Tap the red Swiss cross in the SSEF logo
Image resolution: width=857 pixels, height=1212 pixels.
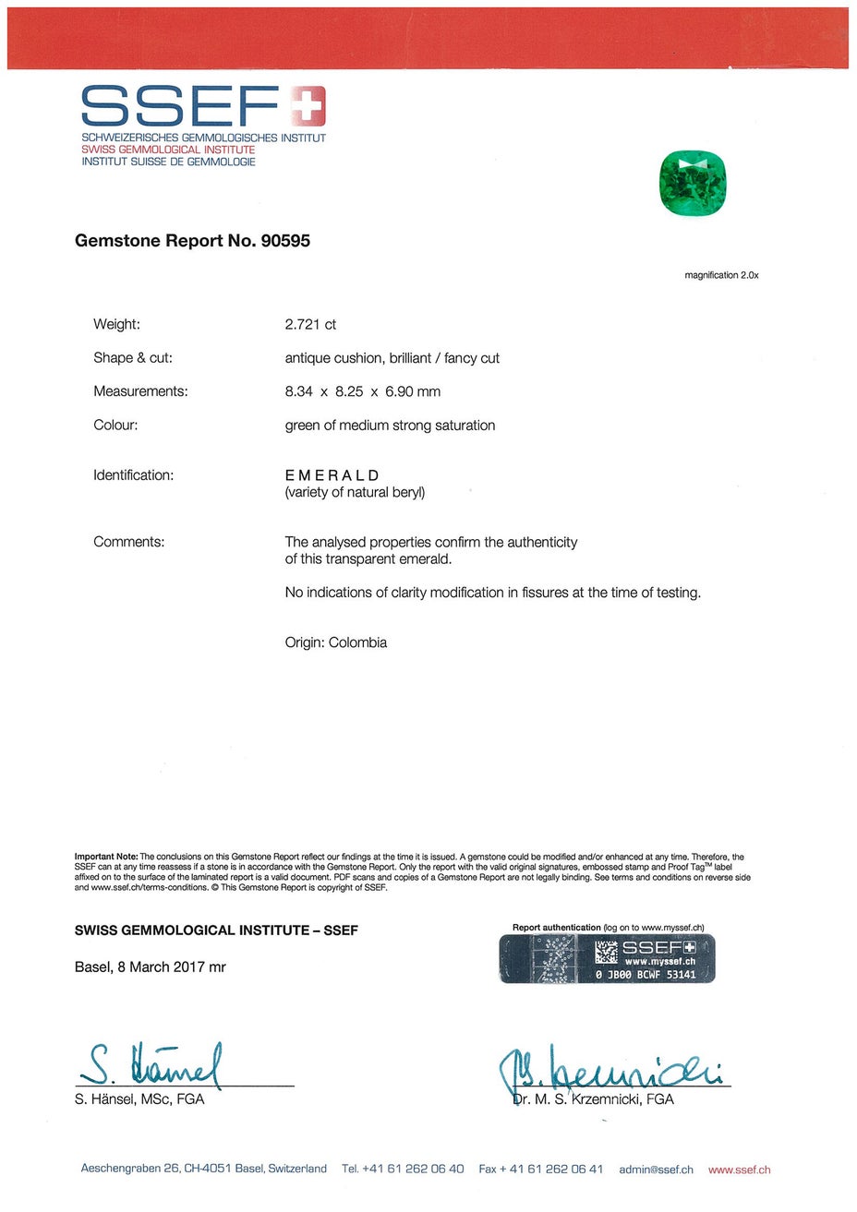click(307, 105)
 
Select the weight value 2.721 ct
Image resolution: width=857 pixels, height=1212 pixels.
click(310, 325)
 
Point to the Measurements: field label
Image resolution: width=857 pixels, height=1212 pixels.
click(140, 391)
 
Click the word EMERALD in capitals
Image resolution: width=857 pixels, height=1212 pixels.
click(332, 475)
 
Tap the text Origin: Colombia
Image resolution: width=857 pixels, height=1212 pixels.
click(335, 642)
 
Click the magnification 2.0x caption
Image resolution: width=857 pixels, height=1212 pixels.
click(721, 275)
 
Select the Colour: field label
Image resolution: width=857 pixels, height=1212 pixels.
click(115, 426)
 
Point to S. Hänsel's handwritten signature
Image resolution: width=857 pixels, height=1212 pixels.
click(152, 1066)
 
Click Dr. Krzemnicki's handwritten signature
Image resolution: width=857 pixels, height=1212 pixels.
click(610, 1071)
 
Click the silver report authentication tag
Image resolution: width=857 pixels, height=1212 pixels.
click(607, 959)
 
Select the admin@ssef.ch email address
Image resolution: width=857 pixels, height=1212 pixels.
click(656, 1170)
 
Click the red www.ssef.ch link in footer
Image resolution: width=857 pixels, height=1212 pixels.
click(739, 1170)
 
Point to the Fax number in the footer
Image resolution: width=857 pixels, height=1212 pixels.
click(540, 1170)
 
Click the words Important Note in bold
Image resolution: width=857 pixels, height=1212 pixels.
click(106, 857)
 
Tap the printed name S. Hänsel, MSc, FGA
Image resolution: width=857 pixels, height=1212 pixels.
click(139, 1099)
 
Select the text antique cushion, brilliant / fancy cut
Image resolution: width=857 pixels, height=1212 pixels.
click(392, 358)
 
